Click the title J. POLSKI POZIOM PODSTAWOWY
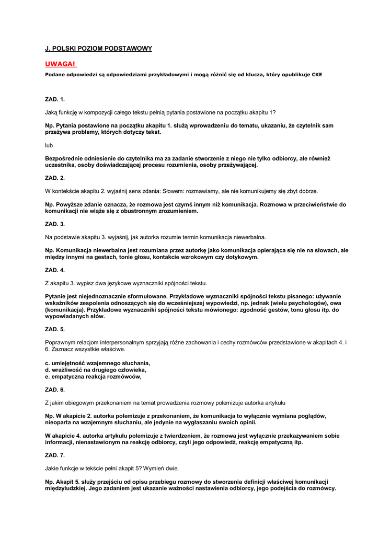coord(98,49)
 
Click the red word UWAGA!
coord(61,64)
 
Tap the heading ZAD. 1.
coord(55,99)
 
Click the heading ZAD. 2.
coord(55,178)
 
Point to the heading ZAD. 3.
coord(55,224)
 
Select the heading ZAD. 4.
coord(55,270)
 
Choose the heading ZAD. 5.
coord(55,329)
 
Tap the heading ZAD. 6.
coord(55,389)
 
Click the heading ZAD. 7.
coord(55,455)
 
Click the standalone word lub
coord(49,145)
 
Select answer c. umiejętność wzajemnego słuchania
coord(98,363)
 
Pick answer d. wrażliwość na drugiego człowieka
coord(96,369)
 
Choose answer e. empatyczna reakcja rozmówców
coord(94,376)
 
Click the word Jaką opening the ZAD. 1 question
coord(52,112)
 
